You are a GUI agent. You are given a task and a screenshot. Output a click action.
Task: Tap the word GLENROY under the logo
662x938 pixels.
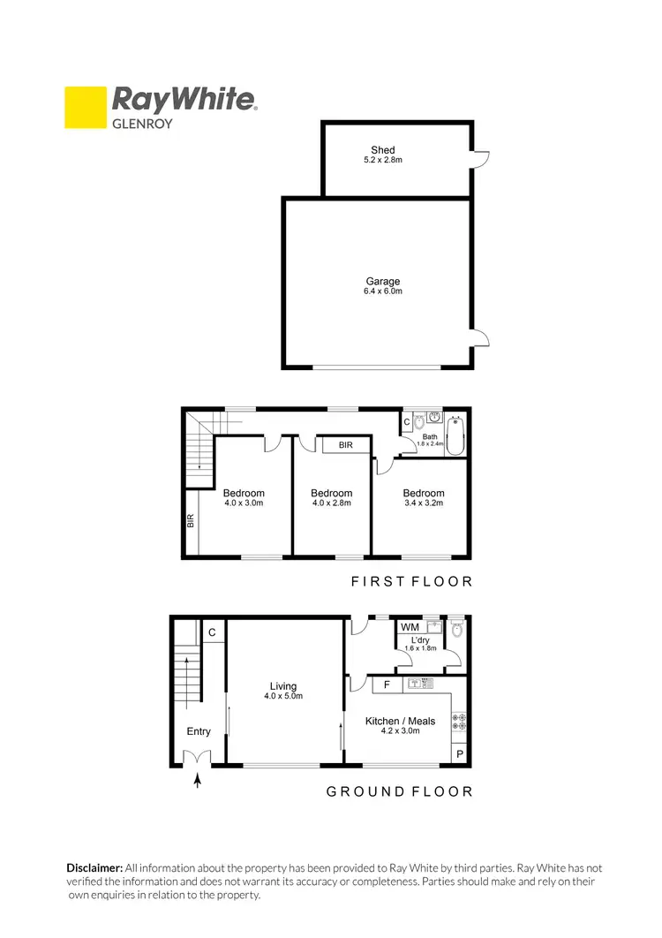click(141, 124)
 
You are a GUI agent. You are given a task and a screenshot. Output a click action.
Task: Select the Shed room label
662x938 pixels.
click(383, 150)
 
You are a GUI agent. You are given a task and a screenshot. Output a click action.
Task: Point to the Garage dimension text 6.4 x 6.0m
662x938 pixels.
click(383, 291)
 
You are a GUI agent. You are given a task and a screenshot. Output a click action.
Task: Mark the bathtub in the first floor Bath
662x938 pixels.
click(455, 435)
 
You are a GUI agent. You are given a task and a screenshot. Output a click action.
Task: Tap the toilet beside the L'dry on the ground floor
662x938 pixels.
click(455, 630)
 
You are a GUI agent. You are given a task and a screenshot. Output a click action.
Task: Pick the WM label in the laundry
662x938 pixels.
click(410, 628)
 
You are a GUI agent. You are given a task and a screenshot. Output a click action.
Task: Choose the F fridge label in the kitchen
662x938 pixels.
click(387, 685)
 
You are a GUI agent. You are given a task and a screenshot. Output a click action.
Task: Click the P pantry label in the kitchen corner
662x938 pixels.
click(460, 753)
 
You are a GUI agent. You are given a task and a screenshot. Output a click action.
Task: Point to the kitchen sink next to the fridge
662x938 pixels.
click(418, 685)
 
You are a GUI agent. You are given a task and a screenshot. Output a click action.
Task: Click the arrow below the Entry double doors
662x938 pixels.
click(197, 781)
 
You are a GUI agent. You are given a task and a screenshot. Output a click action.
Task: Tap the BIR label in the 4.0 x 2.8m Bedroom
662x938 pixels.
click(345, 445)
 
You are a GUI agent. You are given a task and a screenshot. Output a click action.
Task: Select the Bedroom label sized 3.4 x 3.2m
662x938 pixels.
click(423, 493)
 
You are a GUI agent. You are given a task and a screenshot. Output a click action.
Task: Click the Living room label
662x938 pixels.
click(283, 686)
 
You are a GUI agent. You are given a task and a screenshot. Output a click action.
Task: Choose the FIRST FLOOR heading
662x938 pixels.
click(411, 581)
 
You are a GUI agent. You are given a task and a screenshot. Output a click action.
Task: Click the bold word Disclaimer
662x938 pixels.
click(94, 868)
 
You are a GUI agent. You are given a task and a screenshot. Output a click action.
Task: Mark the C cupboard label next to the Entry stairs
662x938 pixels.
click(213, 632)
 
